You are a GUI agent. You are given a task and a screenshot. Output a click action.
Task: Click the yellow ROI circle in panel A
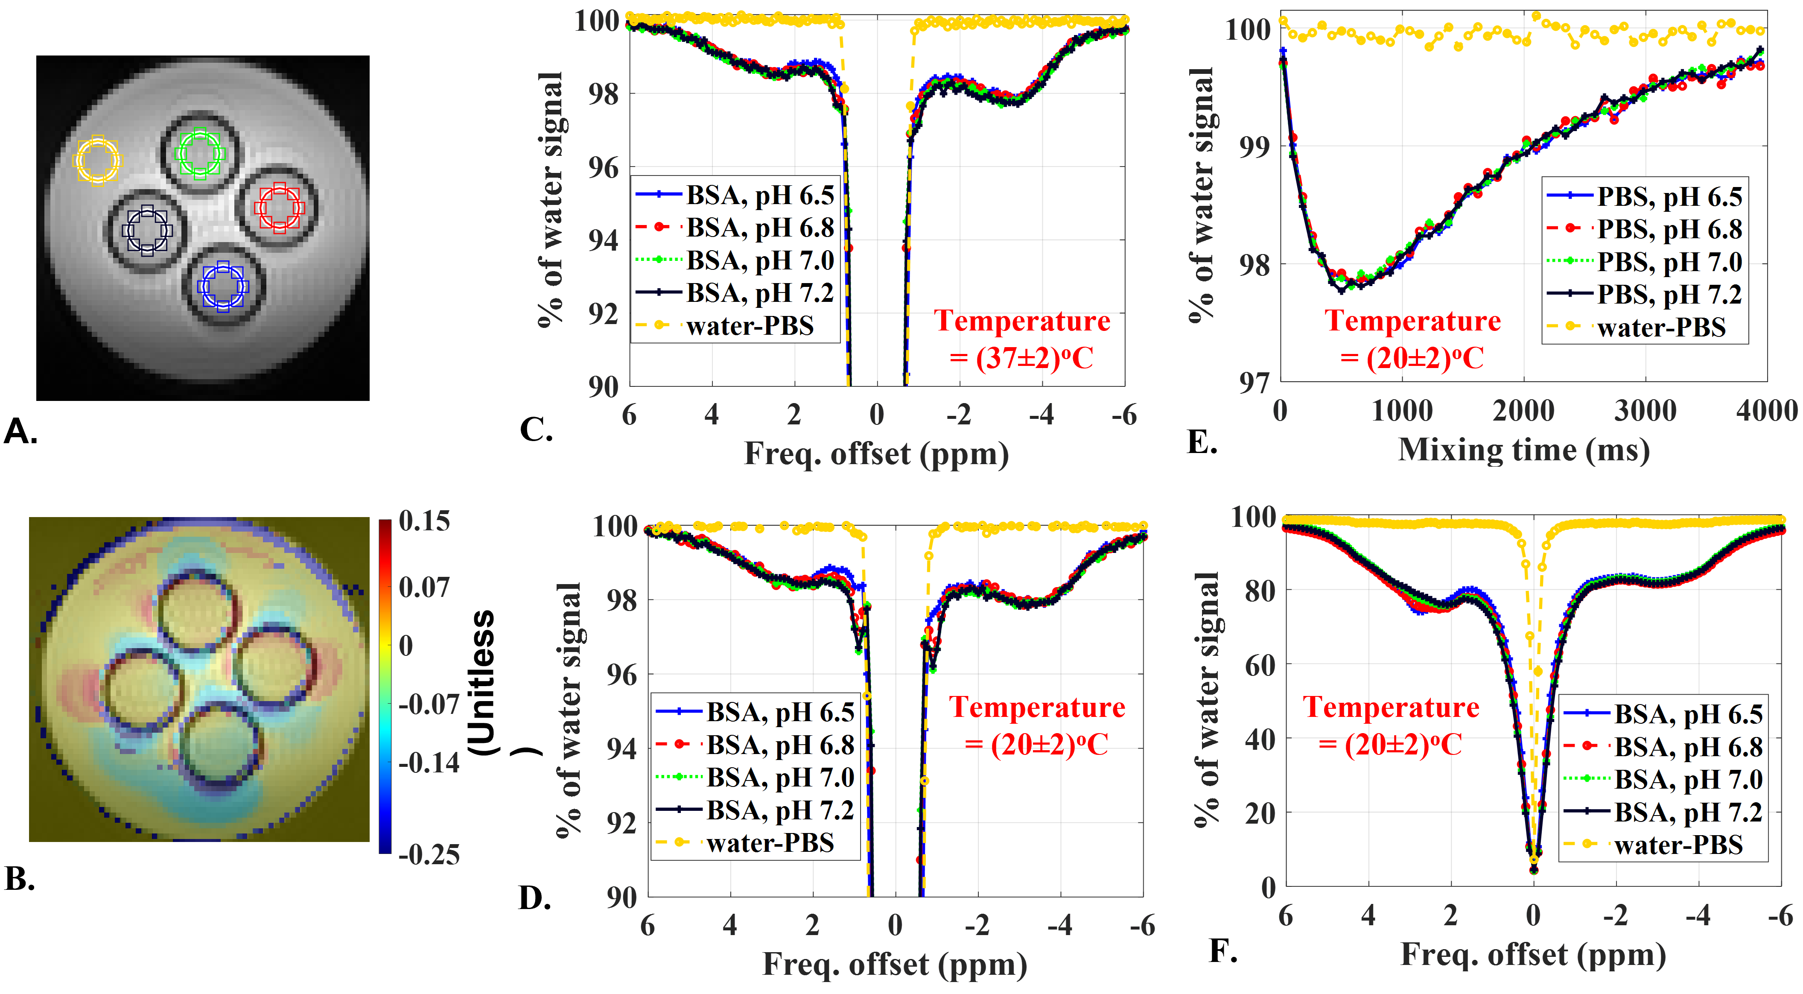click(97, 160)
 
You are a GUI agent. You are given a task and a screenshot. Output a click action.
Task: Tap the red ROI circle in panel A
click(279, 207)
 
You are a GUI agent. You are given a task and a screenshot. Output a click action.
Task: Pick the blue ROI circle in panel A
click(222, 286)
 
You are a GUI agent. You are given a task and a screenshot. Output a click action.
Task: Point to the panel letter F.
click(1223, 950)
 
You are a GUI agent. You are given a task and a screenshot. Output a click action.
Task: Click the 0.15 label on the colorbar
click(424, 521)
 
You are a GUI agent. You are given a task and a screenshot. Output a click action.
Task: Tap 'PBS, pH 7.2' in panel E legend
click(1669, 295)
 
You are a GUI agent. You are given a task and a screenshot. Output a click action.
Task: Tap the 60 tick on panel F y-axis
click(1260, 665)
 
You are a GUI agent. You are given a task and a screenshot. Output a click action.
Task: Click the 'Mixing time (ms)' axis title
click(1524, 450)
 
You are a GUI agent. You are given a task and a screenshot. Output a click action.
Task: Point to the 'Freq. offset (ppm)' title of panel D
click(895, 965)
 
